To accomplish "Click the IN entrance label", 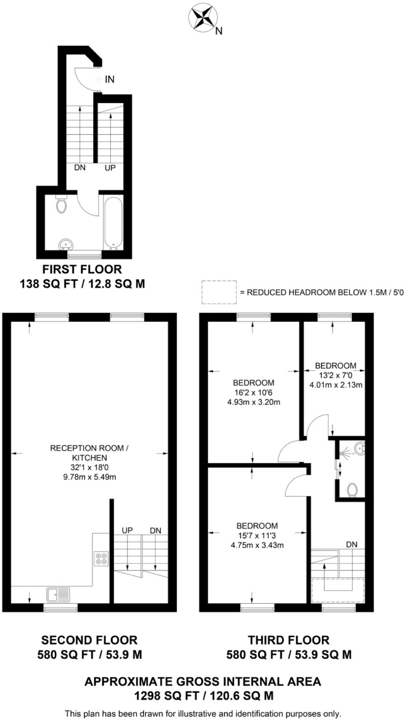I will (x=110, y=79).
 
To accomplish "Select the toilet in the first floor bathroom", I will (x=61, y=205).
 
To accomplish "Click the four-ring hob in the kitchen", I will (x=101, y=559).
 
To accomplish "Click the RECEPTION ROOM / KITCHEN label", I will (x=89, y=453).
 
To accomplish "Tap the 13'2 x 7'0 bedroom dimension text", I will (x=335, y=375).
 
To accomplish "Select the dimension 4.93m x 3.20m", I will (x=254, y=402).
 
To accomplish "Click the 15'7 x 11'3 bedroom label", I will (x=257, y=536).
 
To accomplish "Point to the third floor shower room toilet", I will (x=352, y=490).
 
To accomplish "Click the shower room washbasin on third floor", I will (x=360, y=449).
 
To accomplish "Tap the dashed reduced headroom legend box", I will (x=218, y=292).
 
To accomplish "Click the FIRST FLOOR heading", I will (x=82, y=269).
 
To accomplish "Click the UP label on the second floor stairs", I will (x=127, y=530).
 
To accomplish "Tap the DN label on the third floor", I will (x=352, y=545).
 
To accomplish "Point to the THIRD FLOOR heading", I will (x=288, y=640).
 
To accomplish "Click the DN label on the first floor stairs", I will (x=80, y=168).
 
